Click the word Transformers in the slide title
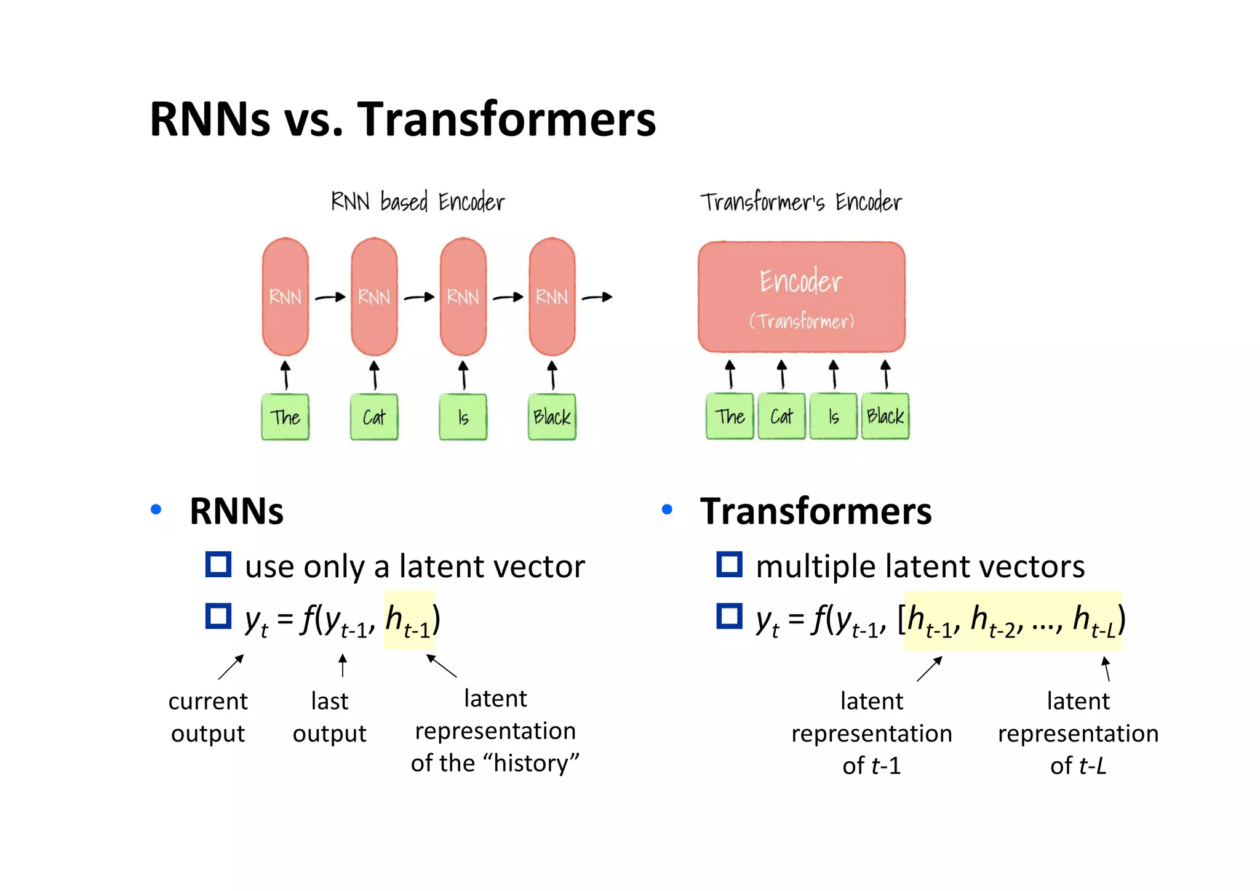(x=506, y=119)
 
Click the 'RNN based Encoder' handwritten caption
(x=417, y=202)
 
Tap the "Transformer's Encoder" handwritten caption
(x=800, y=202)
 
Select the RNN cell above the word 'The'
(x=285, y=297)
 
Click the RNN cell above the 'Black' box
(x=552, y=297)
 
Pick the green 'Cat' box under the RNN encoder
(x=374, y=417)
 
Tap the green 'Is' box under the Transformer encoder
(x=833, y=417)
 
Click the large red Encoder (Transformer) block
(x=801, y=297)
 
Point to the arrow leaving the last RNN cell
(x=597, y=297)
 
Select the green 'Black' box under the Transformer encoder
(x=885, y=417)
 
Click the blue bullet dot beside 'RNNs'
(x=156, y=509)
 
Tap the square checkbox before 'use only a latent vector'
(x=218, y=564)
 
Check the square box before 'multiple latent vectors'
(x=730, y=564)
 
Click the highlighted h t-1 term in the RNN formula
(x=409, y=620)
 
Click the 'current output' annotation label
(x=208, y=717)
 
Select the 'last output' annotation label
(x=329, y=717)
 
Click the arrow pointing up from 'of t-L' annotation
(x=1106, y=669)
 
